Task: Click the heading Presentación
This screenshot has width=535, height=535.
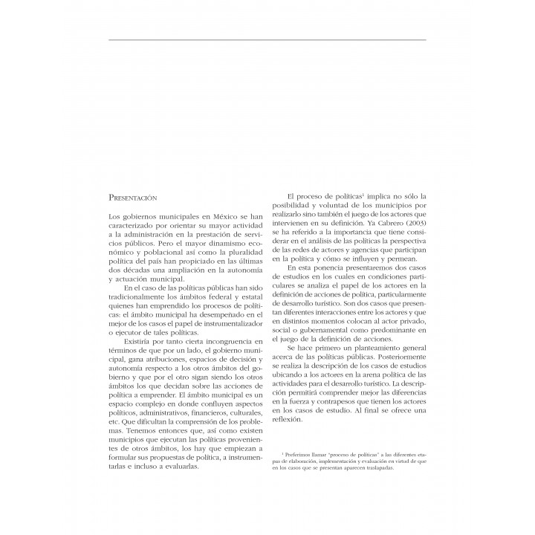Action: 134,198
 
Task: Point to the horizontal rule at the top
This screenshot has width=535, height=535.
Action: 267,39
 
